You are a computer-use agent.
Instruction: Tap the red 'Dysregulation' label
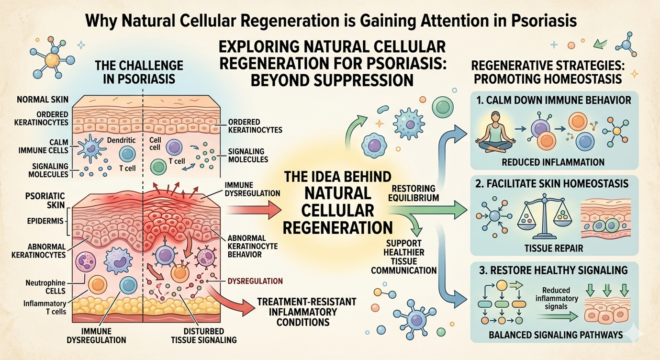click(x=255, y=281)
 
